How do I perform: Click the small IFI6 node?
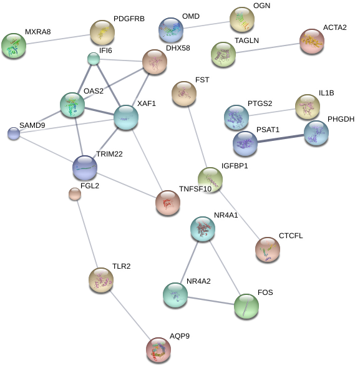pos(94,59)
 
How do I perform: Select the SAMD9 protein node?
pos(14,133)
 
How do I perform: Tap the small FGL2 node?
pos(75,194)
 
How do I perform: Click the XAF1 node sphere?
pos(126,117)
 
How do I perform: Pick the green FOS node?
pos(246,306)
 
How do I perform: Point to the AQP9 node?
pos(158,350)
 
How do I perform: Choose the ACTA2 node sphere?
pos(312,41)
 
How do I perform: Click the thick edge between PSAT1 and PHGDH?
pos(281,138)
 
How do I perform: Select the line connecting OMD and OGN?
pos(207,25)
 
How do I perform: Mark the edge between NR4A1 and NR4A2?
pos(189,262)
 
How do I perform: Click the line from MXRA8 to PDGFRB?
pos(58,39)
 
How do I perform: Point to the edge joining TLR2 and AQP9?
pos(130,315)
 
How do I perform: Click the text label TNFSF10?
pos(195,189)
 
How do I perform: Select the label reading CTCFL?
pos(291,236)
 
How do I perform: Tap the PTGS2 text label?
pos(260,104)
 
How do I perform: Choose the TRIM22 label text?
pos(109,154)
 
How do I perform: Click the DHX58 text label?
pos(178,48)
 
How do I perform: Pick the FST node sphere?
pos(184,94)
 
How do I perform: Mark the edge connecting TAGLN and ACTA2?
pos(268,48)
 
